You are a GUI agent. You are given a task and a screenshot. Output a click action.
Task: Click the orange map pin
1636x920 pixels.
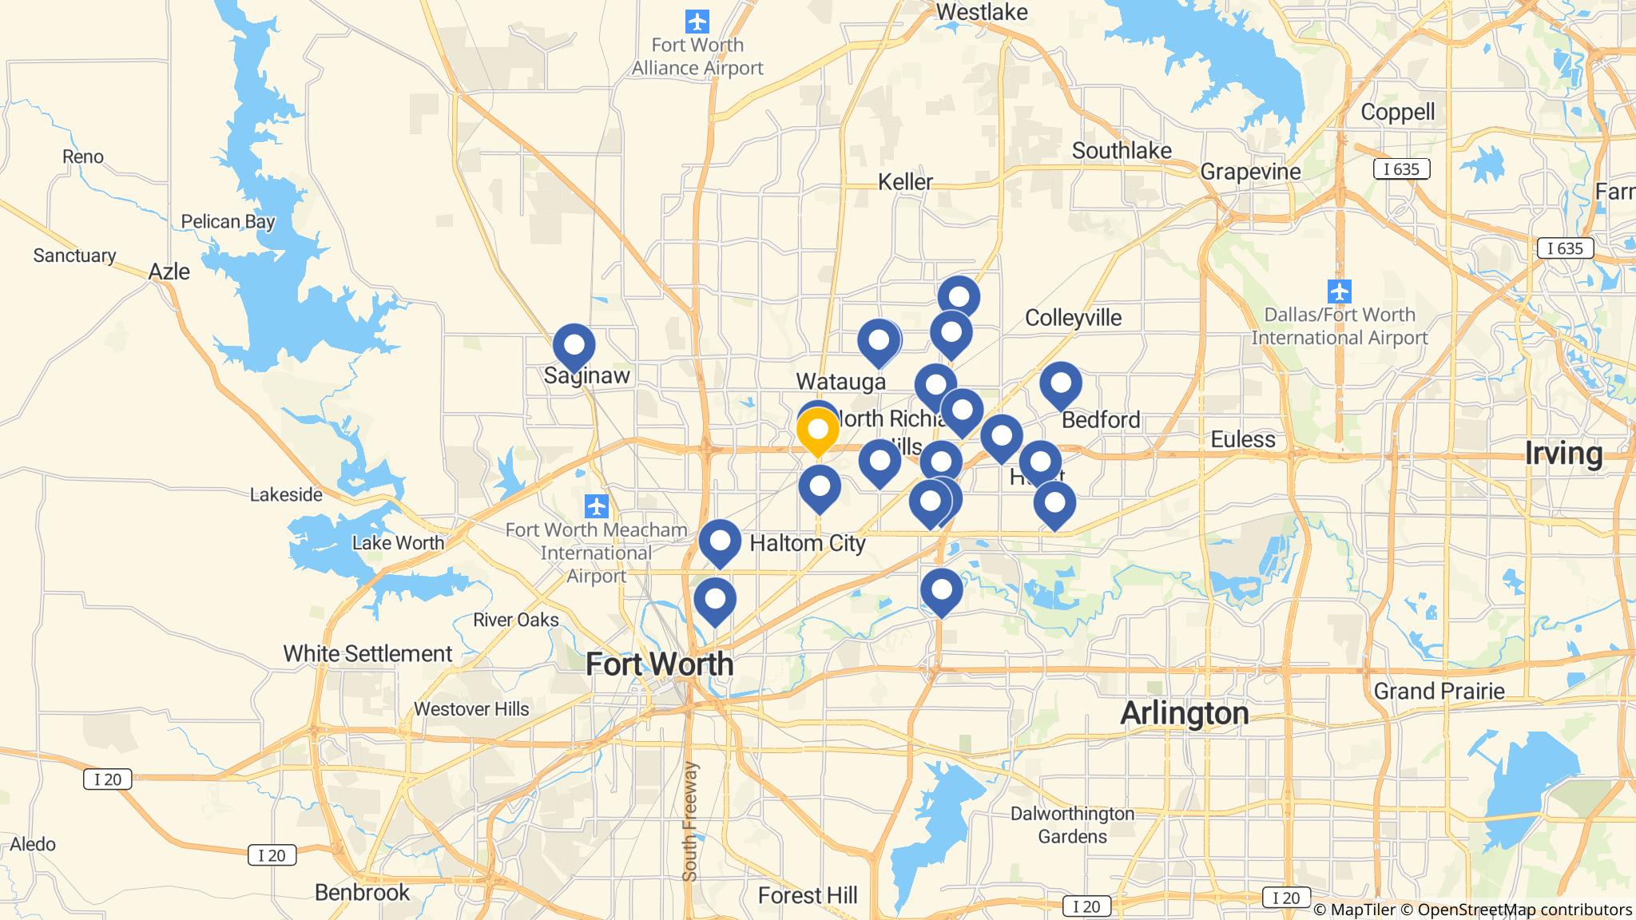click(x=818, y=430)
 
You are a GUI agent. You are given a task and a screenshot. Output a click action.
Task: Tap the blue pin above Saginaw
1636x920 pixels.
click(x=574, y=346)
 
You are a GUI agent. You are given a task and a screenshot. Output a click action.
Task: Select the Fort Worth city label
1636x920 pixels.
click(x=659, y=664)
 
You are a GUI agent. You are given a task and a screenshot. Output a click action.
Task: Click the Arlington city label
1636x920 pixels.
click(x=1184, y=712)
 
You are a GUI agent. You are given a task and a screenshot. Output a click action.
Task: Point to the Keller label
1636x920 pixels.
click(x=905, y=182)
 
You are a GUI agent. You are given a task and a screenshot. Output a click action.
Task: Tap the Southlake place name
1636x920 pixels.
click(x=1122, y=150)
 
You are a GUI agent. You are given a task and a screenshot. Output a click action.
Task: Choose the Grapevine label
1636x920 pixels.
click(x=1250, y=172)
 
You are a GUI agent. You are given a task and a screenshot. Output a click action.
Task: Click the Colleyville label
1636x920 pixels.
click(x=1073, y=318)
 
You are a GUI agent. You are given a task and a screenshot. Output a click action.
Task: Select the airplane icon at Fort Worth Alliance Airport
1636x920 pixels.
click(x=697, y=20)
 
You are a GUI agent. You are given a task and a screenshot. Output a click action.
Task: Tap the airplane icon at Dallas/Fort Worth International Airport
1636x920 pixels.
click(x=1339, y=291)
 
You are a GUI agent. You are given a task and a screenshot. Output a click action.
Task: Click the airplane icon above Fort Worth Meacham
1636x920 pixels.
click(x=596, y=506)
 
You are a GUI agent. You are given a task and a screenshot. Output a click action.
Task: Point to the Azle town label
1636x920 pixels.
click(x=169, y=272)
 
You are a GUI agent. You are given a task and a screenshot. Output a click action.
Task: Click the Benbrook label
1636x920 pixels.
click(x=362, y=892)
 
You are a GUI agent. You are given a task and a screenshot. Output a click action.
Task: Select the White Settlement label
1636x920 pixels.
click(x=367, y=653)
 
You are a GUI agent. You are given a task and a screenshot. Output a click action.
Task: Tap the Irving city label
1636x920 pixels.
click(x=1563, y=454)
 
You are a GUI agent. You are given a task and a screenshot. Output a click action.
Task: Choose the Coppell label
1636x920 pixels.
click(x=1397, y=112)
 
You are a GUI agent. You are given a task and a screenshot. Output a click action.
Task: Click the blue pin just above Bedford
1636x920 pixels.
click(x=1060, y=384)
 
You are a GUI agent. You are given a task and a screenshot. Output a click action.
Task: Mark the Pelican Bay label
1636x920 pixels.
click(x=228, y=222)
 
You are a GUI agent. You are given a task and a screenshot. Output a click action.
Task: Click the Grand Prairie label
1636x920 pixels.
click(x=1439, y=691)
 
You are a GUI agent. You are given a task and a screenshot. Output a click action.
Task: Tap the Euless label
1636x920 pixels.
click(x=1243, y=439)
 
